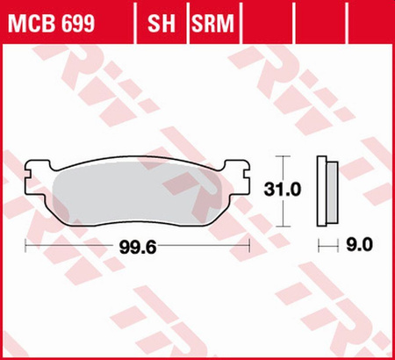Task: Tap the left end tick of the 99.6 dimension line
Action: (25, 247)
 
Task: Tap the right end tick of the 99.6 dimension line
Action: (252, 247)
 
